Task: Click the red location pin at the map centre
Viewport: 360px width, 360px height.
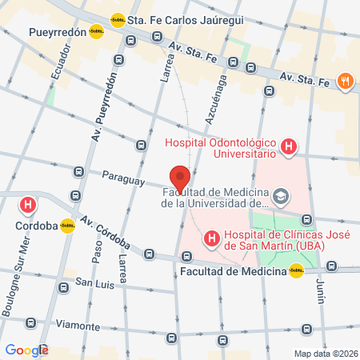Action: click(180, 177)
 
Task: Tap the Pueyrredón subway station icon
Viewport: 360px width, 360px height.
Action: click(97, 32)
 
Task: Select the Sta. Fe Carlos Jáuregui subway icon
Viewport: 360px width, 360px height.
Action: click(118, 20)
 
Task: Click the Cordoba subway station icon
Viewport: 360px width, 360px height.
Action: click(68, 226)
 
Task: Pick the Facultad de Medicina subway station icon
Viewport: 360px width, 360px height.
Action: click(297, 271)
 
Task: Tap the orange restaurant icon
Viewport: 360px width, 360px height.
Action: click(346, 80)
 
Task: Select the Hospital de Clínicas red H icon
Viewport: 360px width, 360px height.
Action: click(211, 238)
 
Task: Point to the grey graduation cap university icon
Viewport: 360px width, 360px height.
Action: click(281, 195)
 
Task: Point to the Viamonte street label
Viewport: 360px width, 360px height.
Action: click(78, 326)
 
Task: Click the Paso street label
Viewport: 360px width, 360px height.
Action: click(97, 254)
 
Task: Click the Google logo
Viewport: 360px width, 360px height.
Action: click(26, 350)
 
